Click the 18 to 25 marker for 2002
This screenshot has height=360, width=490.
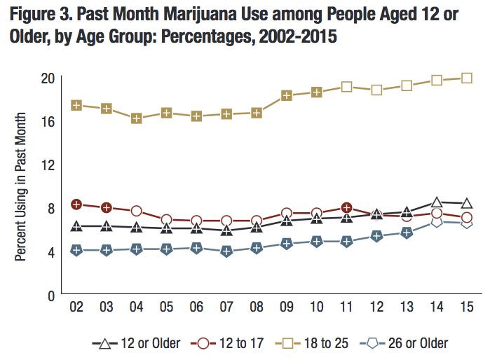point(76,105)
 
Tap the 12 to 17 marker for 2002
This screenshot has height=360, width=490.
point(76,205)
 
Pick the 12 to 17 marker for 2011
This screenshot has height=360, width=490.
point(346,207)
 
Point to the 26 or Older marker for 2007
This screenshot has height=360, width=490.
point(226,251)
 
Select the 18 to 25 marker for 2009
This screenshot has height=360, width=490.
point(287,95)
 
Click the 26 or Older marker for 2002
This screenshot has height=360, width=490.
point(76,250)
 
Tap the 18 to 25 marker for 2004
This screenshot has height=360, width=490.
point(137,119)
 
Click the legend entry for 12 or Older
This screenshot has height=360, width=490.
point(136,343)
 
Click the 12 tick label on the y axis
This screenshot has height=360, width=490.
point(47,164)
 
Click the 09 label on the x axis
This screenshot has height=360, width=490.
point(287,309)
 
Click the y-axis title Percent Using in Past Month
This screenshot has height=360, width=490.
point(21,186)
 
